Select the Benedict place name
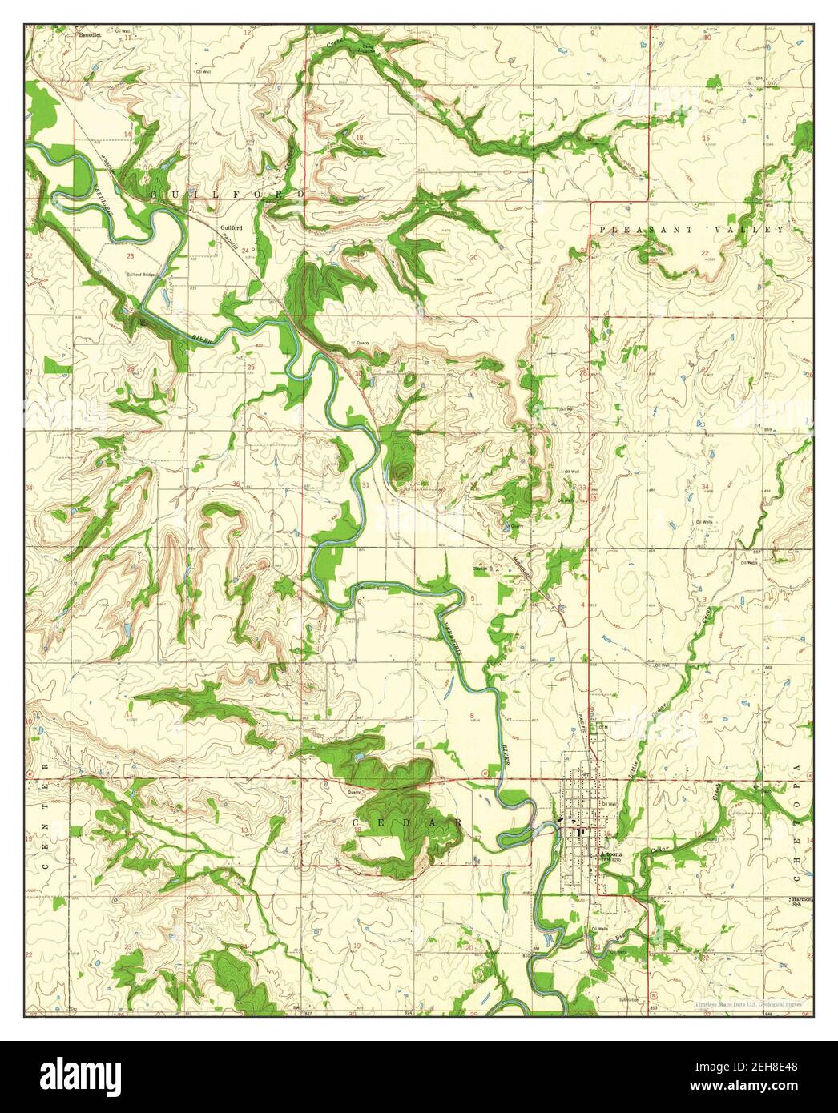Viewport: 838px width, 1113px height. point(88,36)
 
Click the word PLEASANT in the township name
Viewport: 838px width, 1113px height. point(637,230)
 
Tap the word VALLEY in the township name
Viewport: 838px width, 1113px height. point(752,230)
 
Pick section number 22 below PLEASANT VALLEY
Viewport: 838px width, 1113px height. point(705,253)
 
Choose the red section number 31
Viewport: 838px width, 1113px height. point(365,485)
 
